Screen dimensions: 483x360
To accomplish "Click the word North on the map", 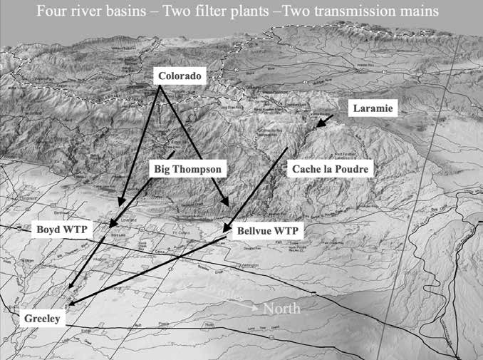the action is [281, 309].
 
